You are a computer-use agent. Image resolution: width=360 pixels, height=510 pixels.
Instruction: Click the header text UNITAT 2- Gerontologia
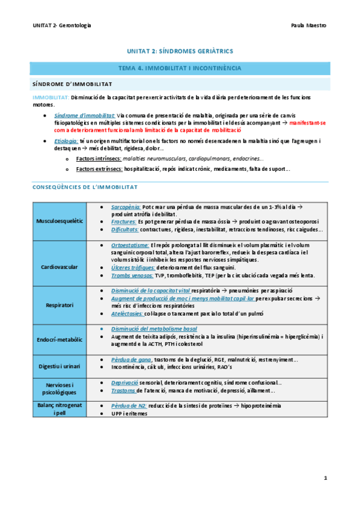(x=62, y=26)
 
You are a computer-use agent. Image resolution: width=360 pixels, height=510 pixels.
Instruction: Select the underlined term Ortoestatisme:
(x=130, y=245)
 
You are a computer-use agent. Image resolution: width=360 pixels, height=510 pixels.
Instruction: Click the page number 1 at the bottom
(x=325, y=478)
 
